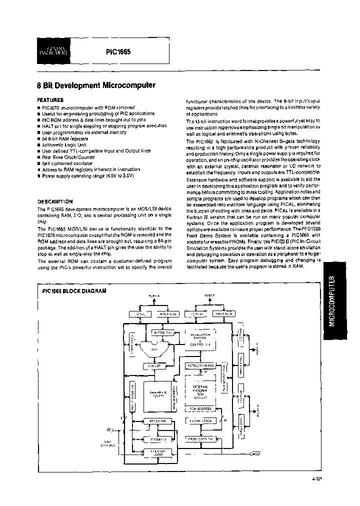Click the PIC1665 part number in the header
click(x=118, y=51)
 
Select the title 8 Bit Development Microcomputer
click(x=96, y=85)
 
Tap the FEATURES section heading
click(x=50, y=100)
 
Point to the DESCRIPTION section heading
click(x=55, y=201)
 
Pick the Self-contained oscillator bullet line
click(x=67, y=163)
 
